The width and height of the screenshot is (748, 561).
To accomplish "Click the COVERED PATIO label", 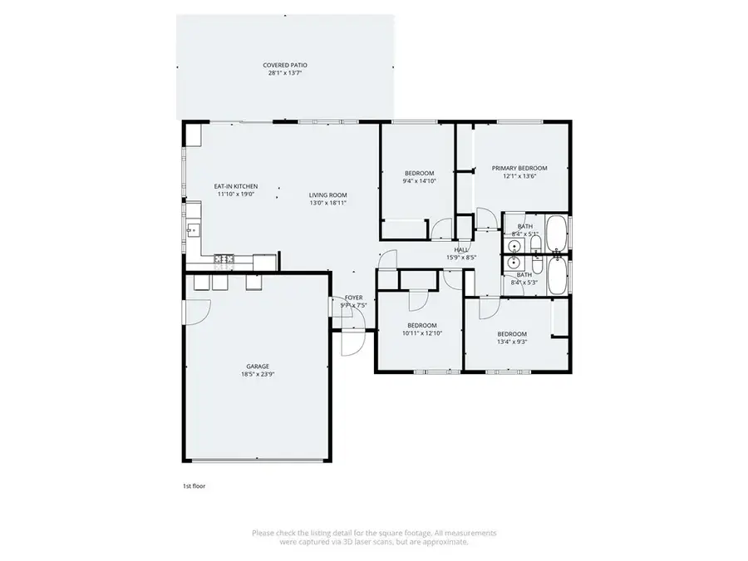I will [280, 65].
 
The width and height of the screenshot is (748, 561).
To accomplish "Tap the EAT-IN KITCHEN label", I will [236, 186].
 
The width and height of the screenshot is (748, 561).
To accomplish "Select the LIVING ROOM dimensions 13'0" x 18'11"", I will [327, 202].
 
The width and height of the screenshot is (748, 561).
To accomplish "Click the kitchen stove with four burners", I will [224, 259].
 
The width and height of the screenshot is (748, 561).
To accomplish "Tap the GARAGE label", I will [257, 366].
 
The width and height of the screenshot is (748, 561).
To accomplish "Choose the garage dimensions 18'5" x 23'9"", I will [257, 374].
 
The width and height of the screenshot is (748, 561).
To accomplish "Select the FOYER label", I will [354, 297].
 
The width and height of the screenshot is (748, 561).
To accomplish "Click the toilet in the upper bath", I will [534, 244].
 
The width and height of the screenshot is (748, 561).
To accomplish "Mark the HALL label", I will [461, 249].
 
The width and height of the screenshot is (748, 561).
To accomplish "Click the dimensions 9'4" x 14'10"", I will [419, 180].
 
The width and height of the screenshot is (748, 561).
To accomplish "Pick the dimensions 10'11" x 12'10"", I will [422, 333].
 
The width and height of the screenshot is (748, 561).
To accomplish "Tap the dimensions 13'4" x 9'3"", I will [512, 342].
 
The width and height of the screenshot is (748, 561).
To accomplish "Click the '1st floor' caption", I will [194, 485].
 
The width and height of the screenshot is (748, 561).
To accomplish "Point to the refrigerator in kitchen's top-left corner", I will [193, 135].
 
